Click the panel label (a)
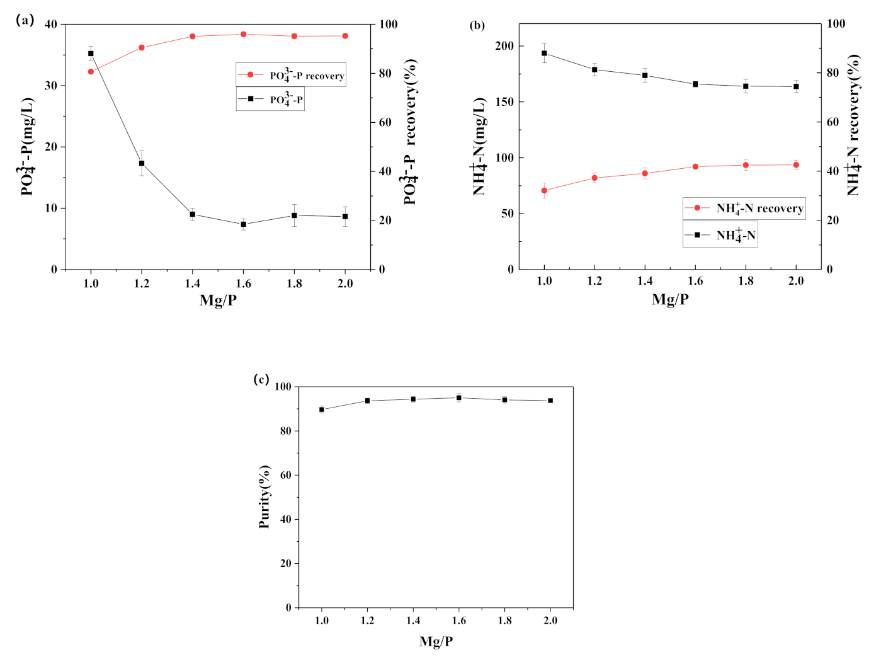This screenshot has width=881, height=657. coord(25,20)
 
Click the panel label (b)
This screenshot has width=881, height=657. coord(477,25)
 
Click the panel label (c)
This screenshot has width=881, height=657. coord(261,379)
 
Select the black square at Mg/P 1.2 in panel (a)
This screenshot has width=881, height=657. coord(142,163)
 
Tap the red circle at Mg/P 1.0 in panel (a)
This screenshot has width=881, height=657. coord(91,72)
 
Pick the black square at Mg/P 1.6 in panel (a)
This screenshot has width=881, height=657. coord(244,224)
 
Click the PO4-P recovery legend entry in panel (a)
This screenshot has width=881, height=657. coord(291,75)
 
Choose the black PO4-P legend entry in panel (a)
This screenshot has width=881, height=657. coord(271,99)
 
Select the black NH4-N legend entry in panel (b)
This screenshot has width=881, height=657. coord(720,235)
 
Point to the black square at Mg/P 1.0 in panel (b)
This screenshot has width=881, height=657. coord(544,54)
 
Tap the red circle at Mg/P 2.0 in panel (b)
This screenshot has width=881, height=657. coord(796,165)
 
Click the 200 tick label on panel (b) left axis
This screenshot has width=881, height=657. coord(504,46)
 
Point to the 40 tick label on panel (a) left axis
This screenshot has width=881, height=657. coord(51,25)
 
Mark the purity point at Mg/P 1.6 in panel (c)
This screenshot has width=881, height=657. coord(459,397)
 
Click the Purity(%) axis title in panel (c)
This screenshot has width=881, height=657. coord(264,496)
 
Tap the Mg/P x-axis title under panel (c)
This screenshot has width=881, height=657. coord(436,641)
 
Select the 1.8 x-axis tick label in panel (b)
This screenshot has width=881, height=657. coord(746,281)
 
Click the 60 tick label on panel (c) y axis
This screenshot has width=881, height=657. coord(285,475)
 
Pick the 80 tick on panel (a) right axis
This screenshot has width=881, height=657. coord(385,73)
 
